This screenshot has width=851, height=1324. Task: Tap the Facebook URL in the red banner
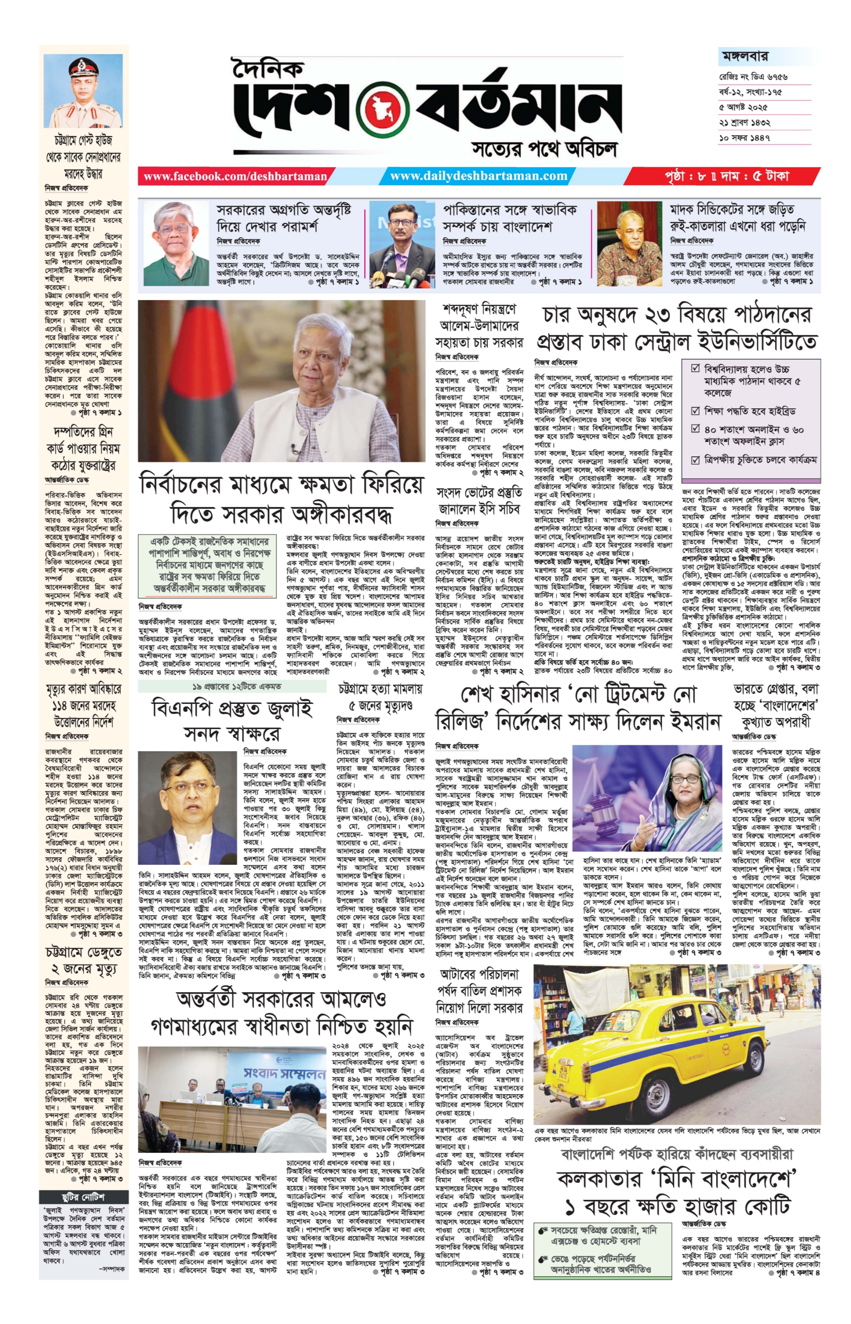235,176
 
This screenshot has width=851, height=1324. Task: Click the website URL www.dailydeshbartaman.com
479,176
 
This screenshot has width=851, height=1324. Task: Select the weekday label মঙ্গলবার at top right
745,56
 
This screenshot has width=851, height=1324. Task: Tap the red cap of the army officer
83,67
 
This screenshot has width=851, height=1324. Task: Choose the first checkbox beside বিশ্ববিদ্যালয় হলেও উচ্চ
696,368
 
